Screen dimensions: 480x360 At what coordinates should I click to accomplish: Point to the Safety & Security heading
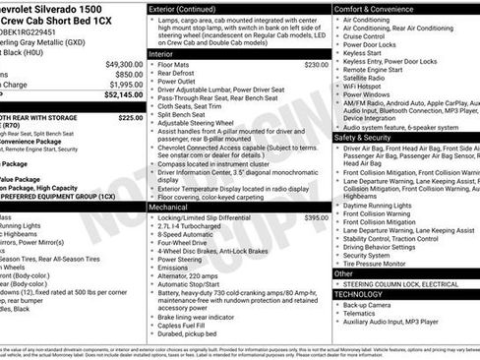click(x=368, y=138)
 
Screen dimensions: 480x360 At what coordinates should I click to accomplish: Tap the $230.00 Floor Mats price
click(x=316, y=64)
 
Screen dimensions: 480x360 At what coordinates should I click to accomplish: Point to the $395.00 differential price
click(x=316, y=217)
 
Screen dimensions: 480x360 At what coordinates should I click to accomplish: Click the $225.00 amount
click(x=131, y=117)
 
